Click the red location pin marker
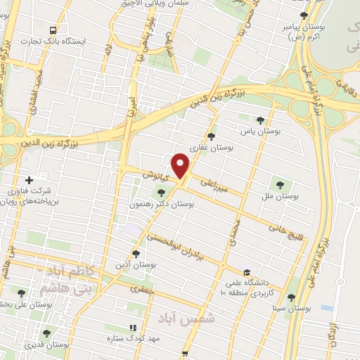click(181, 165)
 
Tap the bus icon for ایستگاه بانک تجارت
click(53, 30)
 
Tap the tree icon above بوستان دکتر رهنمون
click(161, 192)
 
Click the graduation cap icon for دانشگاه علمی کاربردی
click(246, 272)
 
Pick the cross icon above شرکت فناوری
click(29, 179)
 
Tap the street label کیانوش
click(155, 173)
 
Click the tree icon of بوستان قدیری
click(46, 333)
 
